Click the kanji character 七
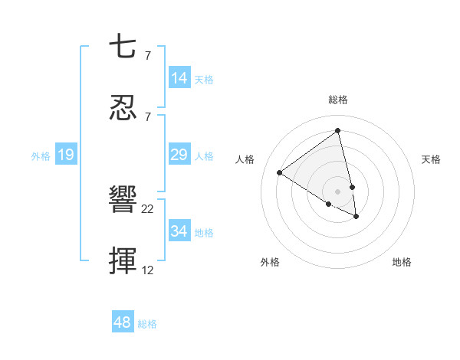tap(123, 48)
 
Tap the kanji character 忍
tap(123, 108)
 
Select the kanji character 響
tap(123, 201)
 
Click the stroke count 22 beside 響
tap(148, 208)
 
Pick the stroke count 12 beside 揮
tap(147, 270)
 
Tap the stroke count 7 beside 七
tap(147, 55)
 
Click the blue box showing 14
tap(179, 78)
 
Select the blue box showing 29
tap(179, 155)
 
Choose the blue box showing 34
tap(179, 231)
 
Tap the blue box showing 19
tap(66, 155)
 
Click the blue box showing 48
tap(123, 322)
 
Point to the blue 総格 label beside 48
tap(147, 324)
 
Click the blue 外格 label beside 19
tap(41, 156)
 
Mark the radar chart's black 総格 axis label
tap(337, 100)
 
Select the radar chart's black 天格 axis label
tap(431, 159)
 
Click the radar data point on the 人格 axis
tap(280, 172)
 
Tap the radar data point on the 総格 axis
tap(337, 131)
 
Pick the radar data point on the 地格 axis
tap(356, 217)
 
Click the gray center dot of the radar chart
tap(337, 191)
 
